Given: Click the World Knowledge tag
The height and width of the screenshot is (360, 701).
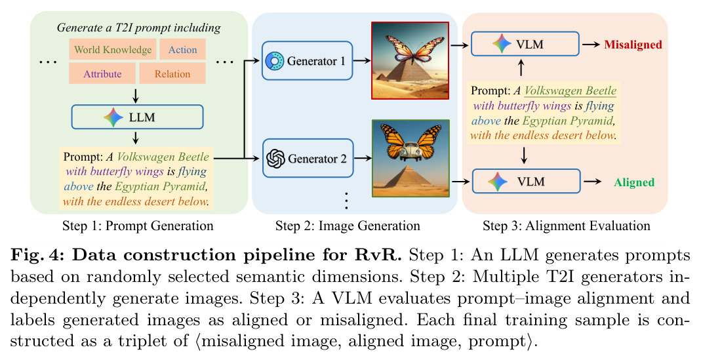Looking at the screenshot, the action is click(x=113, y=49).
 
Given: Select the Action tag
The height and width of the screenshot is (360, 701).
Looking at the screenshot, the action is click(x=182, y=49).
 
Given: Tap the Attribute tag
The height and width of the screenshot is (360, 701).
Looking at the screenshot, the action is click(x=102, y=73).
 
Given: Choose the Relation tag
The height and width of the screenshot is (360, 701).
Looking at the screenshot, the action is click(x=172, y=73).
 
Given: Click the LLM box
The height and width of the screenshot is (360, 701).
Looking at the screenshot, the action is click(x=137, y=117).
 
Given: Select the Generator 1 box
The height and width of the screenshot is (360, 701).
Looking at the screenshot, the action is click(x=307, y=61).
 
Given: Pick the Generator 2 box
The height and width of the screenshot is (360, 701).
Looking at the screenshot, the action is click(x=308, y=158).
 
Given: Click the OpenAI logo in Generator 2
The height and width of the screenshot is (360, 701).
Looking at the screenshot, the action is click(x=275, y=158).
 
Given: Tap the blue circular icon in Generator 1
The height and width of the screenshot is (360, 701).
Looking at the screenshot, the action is click(x=275, y=61).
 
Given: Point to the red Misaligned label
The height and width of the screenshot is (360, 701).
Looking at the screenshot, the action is click(x=633, y=45).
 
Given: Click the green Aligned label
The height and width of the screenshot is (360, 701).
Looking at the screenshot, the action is click(x=634, y=182).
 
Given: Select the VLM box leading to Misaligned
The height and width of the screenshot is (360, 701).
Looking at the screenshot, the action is click(x=525, y=44).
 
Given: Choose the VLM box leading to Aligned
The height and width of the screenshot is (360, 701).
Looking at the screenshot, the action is click(x=526, y=181).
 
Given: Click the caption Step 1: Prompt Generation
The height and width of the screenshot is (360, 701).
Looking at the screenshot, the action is click(x=138, y=226).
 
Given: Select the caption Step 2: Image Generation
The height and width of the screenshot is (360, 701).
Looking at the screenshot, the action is click(x=348, y=226).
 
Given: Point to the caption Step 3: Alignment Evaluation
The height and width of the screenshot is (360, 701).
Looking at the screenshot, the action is click(x=567, y=226).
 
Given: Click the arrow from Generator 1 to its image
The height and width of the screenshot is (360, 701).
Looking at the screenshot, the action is click(x=362, y=60).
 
